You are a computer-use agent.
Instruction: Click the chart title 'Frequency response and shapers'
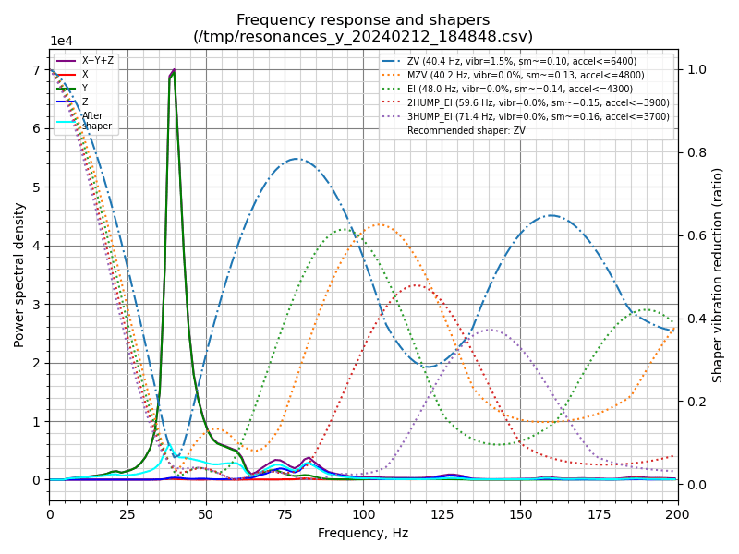[x=363, y=20]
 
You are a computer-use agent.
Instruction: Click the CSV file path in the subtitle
[x=363, y=37]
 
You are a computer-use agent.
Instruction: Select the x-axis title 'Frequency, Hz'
[x=363, y=533]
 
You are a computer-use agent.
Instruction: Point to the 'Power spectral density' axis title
[x=19, y=274]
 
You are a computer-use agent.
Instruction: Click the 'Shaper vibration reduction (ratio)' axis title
[x=718, y=274]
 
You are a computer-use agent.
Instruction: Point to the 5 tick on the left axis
[x=37, y=187]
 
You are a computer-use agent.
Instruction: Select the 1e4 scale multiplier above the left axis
[x=61, y=42]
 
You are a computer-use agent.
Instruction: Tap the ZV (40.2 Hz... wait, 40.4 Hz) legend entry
[x=522, y=61]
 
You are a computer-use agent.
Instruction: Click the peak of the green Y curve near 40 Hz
[x=173, y=73]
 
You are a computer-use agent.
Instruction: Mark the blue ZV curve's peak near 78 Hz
[x=295, y=159]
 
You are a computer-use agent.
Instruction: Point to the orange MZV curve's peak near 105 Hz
[x=379, y=224]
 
